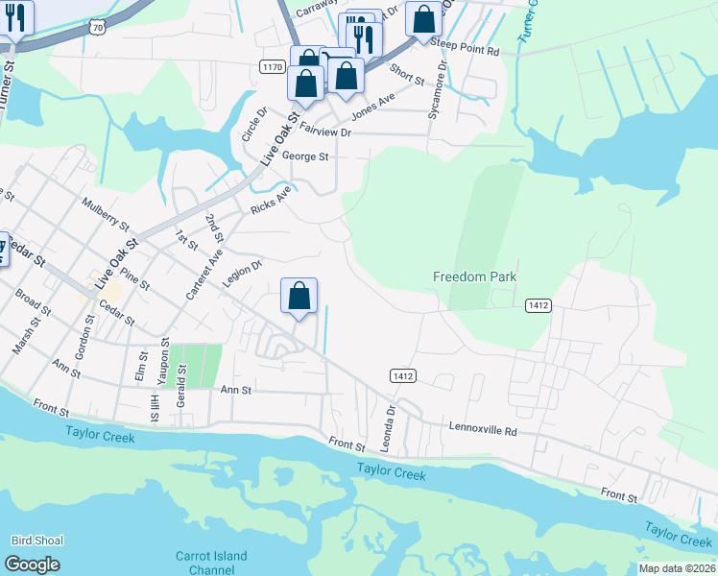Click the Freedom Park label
pos(474,276)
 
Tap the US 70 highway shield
pos(97,29)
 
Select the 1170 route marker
pos(272,66)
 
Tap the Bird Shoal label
pos(37,540)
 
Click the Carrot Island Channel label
pos(211,563)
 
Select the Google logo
pos(32,564)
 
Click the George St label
pos(304,156)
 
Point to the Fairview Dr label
pos(325,129)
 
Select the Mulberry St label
pos(106,216)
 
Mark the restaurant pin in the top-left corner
pos(15,16)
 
